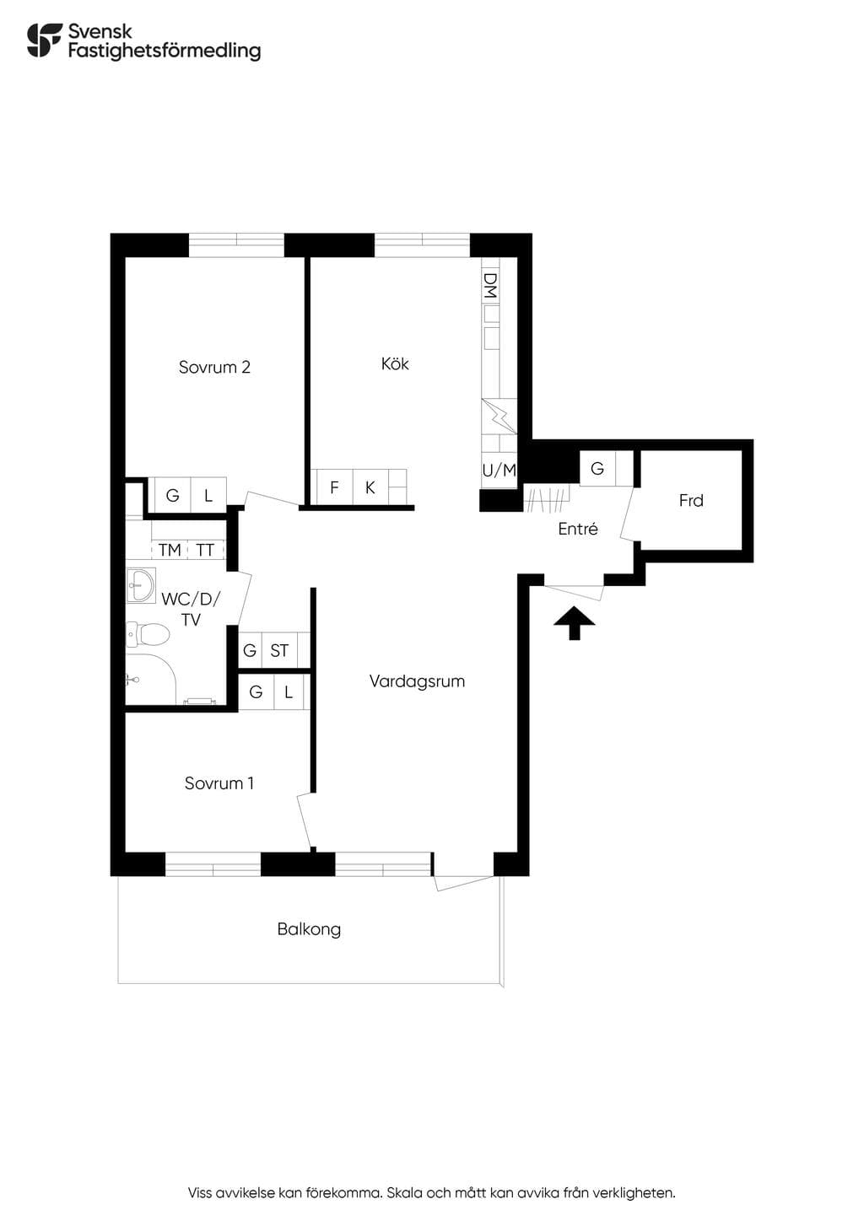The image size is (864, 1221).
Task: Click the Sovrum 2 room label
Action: pyautogui.click(x=214, y=367)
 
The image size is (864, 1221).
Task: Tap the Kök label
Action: pyautogui.click(x=395, y=363)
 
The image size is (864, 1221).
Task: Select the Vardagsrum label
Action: pyautogui.click(x=417, y=681)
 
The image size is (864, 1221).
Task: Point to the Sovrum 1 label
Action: pyautogui.click(x=219, y=783)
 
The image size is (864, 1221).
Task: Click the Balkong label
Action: pyautogui.click(x=309, y=929)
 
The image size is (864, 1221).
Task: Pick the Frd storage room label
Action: pyautogui.click(x=691, y=500)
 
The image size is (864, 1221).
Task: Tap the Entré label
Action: pyautogui.click(x=578, y=528)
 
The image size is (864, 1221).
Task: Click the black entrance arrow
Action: pyautogui.click(x=575, y=623)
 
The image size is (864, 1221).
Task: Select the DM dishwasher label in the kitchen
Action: pyautogui.click(x=491, y=286)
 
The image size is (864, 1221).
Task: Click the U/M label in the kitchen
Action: pyautogui.click(x=499, y=470)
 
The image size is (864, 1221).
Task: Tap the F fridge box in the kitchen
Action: pyautogui.click(x=335, y=487)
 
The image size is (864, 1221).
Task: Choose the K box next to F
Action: pyautogui.click(x=371, y=487)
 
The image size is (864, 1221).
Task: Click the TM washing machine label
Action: pyautogui.click(x=170, y=550)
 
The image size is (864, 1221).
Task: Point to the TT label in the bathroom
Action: pyautogui.click(x=205, y=550)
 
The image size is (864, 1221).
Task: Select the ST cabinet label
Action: pyautogui.click(x=279, y=650)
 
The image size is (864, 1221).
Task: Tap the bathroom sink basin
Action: pyautogui.click(x=141, y=585)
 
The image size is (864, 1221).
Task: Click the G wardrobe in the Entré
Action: pyautogui.click(x=597, y=468)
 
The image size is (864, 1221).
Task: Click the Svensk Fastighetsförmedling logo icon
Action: pyautogui.click(x=45, y=40)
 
